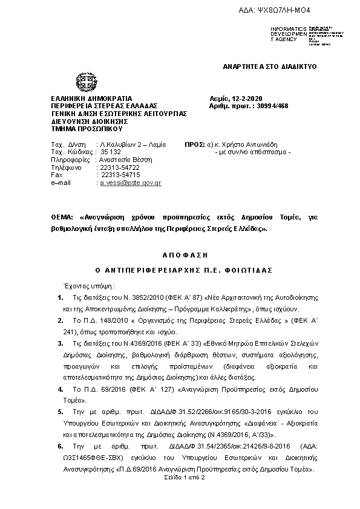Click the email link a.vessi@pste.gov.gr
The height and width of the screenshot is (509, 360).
point(130,182)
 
